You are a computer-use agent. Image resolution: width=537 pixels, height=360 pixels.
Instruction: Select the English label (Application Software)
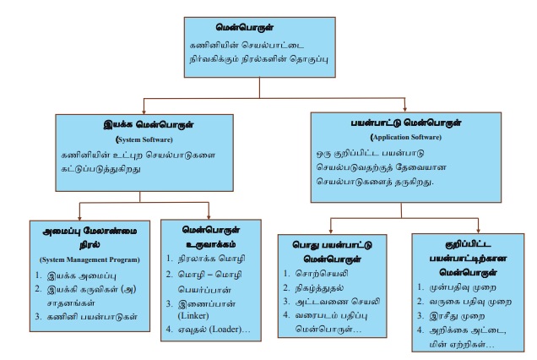tap(399, 136)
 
